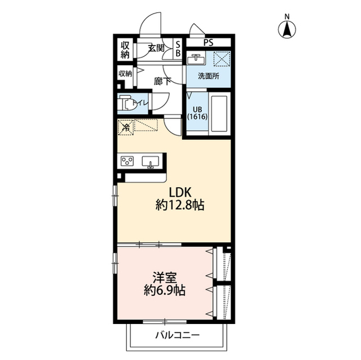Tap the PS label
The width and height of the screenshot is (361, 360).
tap(208, 42)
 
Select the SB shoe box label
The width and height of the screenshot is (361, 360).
tap(178, 49)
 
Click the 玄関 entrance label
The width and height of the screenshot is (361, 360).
tap(156, 48)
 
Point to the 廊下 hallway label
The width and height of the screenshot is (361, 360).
tap(162, 81)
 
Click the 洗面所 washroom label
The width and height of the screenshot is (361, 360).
tap(209, 76)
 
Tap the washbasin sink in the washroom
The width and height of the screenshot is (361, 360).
tap(196, 59)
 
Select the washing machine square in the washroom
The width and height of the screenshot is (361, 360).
tap(222, 59)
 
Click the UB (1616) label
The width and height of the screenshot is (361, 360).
tap(197, 113)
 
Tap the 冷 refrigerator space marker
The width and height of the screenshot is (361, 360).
tap(126, 127)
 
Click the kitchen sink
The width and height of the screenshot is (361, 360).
tap(151, 162)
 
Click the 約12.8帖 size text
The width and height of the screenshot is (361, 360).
tap(180, 205)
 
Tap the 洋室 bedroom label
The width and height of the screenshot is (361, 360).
tap(165, 278)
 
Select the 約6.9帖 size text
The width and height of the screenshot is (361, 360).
tap(165, 290)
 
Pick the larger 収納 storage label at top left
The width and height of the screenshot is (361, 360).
tap(125, 50)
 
